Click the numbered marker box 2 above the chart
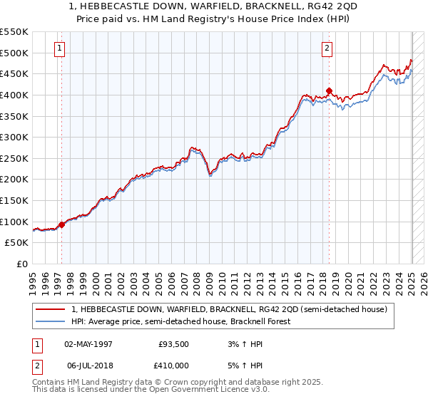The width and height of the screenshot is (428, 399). [327, 49]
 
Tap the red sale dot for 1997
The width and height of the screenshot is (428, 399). [61, 224]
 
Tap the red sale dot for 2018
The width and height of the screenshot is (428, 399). [329, 90]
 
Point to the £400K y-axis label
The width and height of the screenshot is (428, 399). [15, 95]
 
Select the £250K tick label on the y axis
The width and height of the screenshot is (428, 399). [15, 158]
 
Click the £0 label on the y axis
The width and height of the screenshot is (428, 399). [22, 264]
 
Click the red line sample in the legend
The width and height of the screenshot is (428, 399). [51, 310]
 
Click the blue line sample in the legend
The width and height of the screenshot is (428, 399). [51, 321]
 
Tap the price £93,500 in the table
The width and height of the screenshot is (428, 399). [174, 343]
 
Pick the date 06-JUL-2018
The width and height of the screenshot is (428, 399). [87, 366]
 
